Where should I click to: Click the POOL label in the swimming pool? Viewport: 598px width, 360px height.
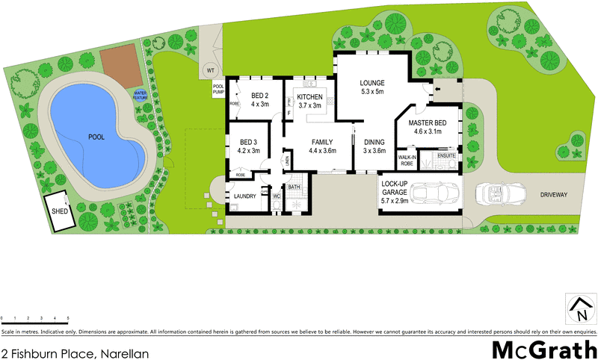tap(96, 137)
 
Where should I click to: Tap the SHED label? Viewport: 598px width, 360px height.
tap(59, 211)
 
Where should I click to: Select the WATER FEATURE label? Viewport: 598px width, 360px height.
tap(141, 95)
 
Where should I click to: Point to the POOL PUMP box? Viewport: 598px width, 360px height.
tap(218, 88)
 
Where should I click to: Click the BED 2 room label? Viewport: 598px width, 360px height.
tap(259, 96)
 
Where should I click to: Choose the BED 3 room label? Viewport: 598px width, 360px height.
tap(249, 142)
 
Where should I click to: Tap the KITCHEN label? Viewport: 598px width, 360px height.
tap(309, 97)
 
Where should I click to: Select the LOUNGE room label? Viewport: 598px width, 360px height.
tap(371, 83)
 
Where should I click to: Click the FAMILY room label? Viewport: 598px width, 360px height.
tap(323, 141)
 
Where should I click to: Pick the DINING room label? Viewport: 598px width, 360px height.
tap(374, 141)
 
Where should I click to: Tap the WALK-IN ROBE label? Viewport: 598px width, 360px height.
tap(407, 161)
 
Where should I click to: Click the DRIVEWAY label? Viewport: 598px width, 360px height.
tap(551, 194)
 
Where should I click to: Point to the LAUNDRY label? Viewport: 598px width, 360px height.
tap(245, 196)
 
